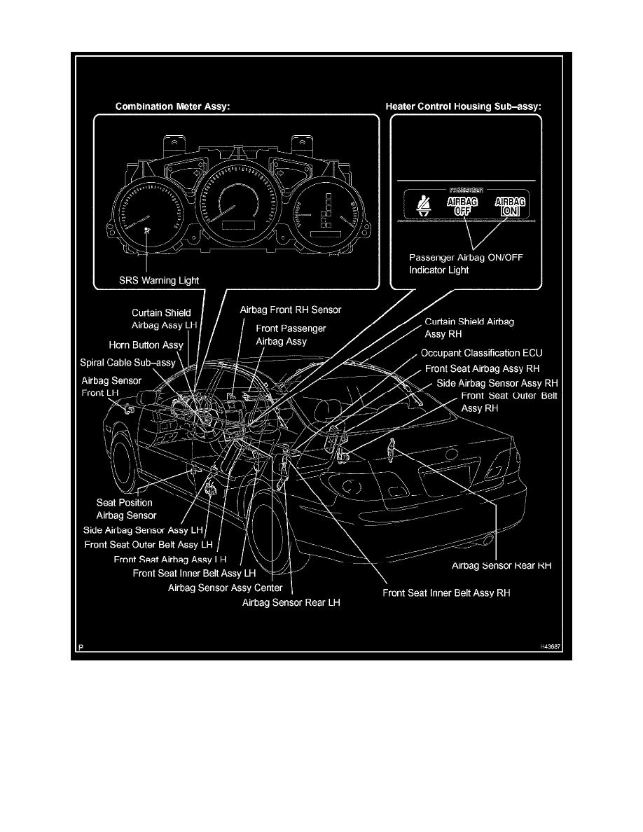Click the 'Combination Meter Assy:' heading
(172, 107)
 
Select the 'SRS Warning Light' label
(158, 280)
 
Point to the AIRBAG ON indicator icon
(510, 205)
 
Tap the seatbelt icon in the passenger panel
(422, 205)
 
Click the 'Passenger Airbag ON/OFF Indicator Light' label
(465, 263)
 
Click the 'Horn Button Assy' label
(146, 345)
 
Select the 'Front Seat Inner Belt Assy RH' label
(446, 592)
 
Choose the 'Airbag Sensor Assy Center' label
(226, 588)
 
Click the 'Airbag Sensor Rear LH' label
(291, 602)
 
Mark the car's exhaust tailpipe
(485, 540)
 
